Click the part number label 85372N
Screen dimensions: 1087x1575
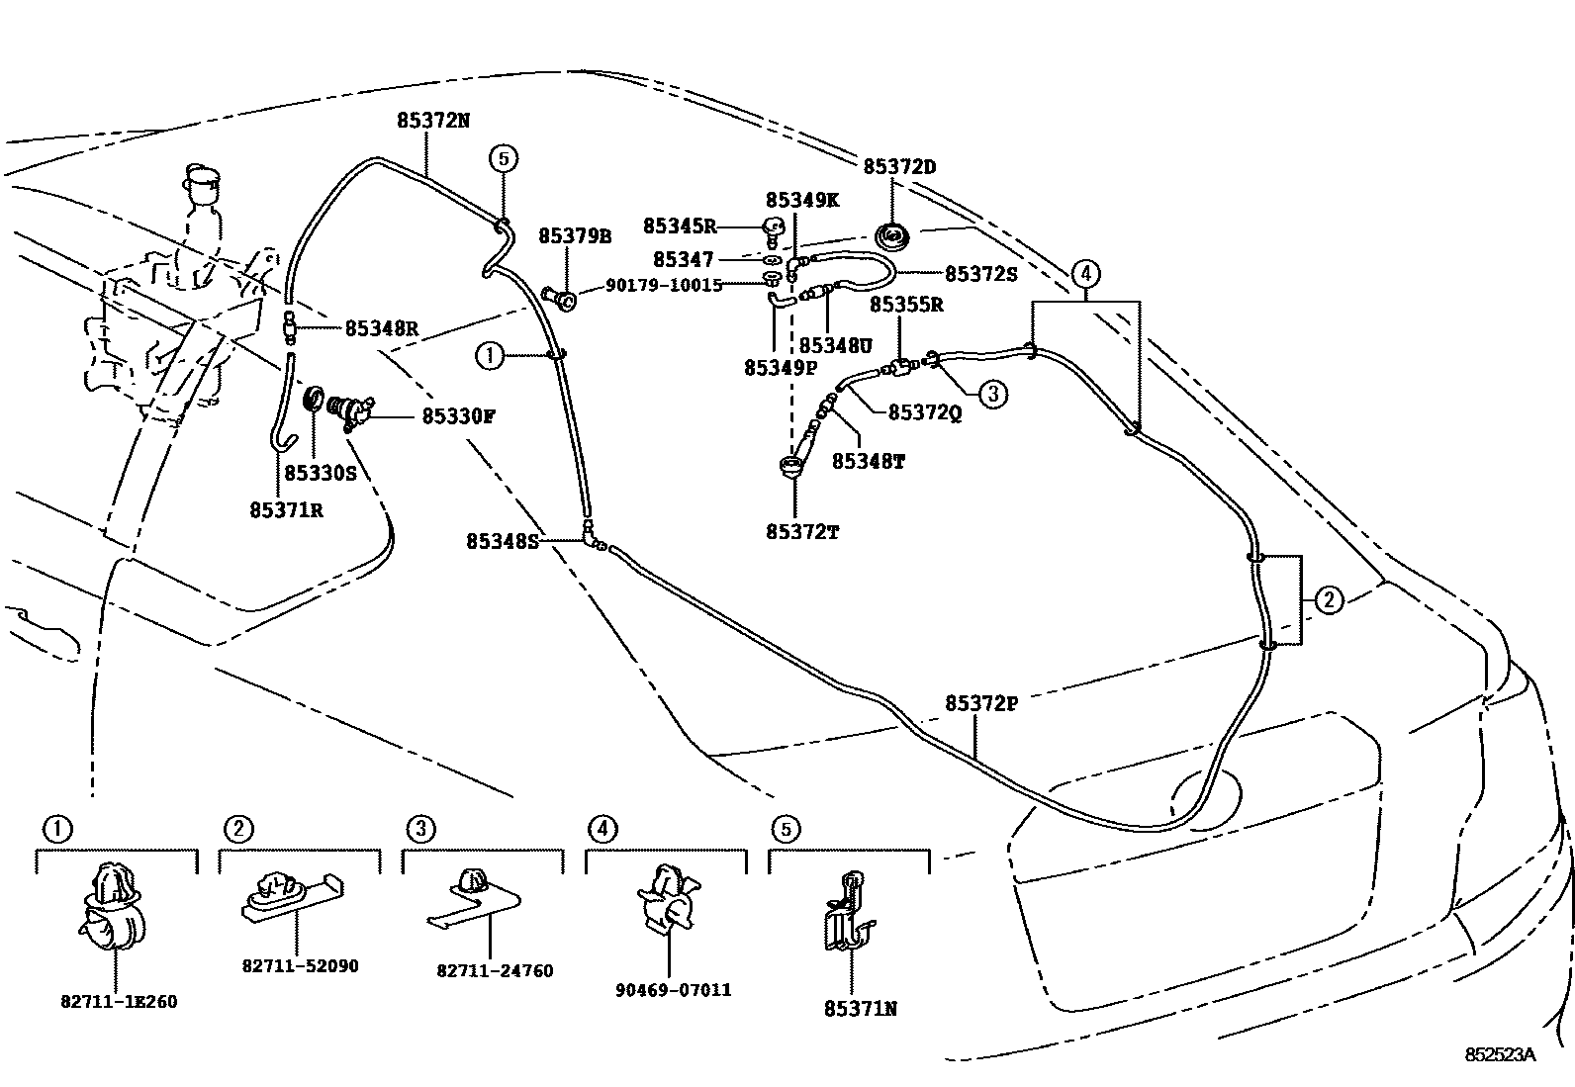pyautogui.click(x=433, y=120)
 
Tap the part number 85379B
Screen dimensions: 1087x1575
pyautogui.click(x=575, y=236)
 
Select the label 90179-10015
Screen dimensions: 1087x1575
pyautogui.click(x=664, y=285)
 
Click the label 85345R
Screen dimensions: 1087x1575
pyautogui.click(x=680, y=226)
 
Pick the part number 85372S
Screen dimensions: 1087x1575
pyautogui.click(x=980, y=274)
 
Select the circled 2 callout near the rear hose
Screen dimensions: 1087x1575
pyautogui.click(x=1329, y=599)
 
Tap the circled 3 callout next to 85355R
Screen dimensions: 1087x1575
pyautogui.click(x=993, y=394)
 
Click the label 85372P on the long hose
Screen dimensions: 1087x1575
pyautogui.click(x=980, y=703)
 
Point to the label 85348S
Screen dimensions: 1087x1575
pyautogui.click(x=503, y=541)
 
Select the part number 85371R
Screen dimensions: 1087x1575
pyautogui.click(x=286, y=510)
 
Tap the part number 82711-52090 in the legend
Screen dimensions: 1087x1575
pyautogui.click(x=300, y=965)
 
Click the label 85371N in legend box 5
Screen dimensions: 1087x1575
pyautogui.click(x=860, y=1009)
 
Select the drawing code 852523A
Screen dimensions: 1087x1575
pyautogui.click(x=1500, y=1054)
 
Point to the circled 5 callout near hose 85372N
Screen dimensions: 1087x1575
pyautogui.click(x=503, y=158)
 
